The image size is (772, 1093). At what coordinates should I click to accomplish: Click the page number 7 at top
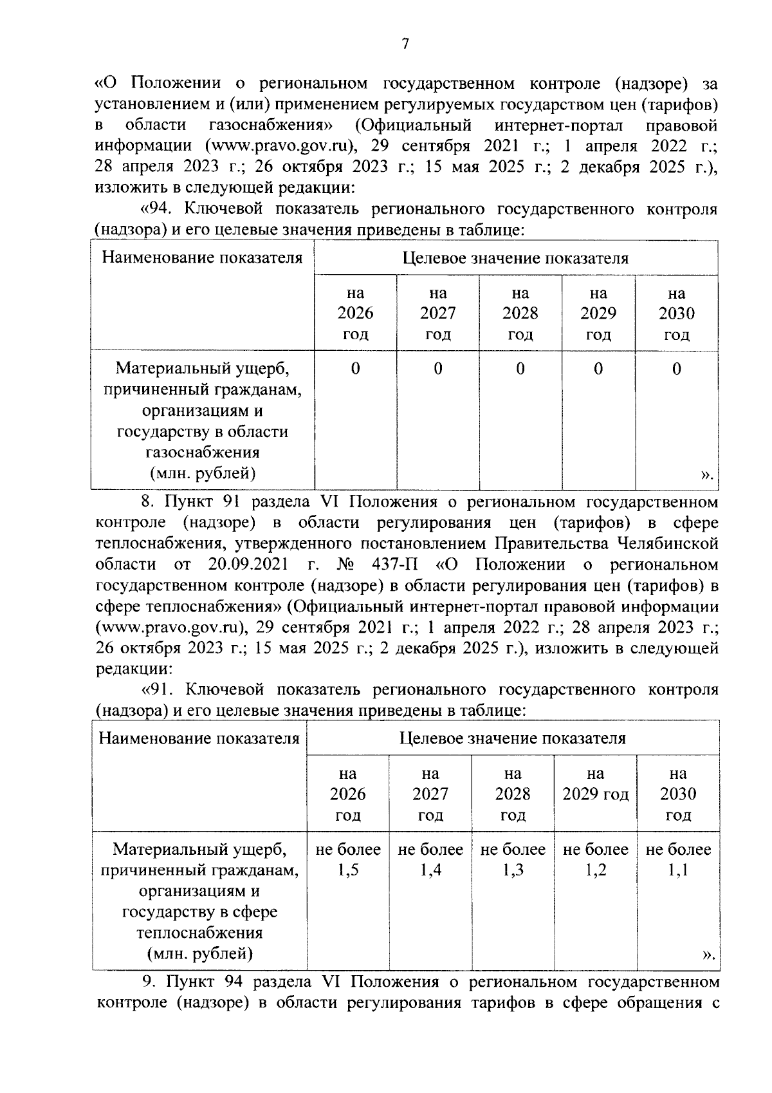[x=405, y=44]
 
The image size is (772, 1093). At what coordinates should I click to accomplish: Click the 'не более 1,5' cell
[x=347, y=859]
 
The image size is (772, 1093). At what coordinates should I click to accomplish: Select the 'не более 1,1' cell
[x=678, y=859]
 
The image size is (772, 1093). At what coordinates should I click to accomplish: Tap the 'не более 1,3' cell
[x=513, y=859]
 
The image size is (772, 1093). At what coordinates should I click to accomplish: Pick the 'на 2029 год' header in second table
[x=596, y=783]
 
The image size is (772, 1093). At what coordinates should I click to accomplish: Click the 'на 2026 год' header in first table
[x=355, y=313]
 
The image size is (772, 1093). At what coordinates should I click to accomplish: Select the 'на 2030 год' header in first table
[x=676, y=313]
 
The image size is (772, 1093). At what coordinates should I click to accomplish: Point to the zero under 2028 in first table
[x=520, y=368]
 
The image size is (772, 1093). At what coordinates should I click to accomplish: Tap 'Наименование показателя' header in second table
[x=199, y=738]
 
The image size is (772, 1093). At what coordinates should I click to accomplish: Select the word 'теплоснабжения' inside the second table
[x=199, y=933]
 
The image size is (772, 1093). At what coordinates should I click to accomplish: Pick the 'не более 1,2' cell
[x=596, y=859]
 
